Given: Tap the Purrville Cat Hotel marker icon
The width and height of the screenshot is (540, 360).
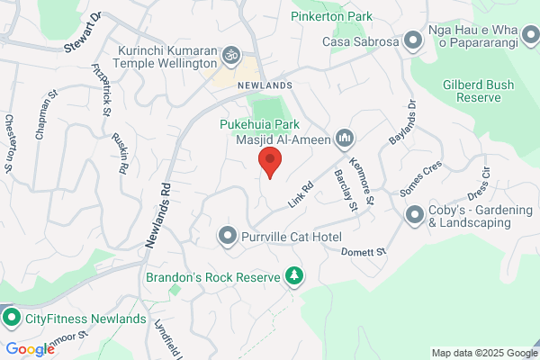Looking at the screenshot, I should (x=228, y=236).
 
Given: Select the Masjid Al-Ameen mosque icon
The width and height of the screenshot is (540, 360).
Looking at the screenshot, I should (x=343, y=139).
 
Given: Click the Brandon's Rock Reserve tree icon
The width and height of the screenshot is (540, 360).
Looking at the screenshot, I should (x=292, y=275).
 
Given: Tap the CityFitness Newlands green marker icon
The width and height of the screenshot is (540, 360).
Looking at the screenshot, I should (x=12, y=318).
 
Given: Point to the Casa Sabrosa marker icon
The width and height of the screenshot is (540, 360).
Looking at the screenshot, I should (x=412, y=40).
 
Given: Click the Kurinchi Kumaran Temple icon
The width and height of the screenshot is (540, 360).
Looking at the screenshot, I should (x=229, y=56).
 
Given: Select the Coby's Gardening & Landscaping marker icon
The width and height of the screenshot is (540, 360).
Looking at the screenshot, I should (x=415, y=214).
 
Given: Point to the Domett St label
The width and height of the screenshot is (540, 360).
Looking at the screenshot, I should (x=364, y=252).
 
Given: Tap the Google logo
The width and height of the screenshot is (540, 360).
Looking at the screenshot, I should (x=30, y=349).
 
